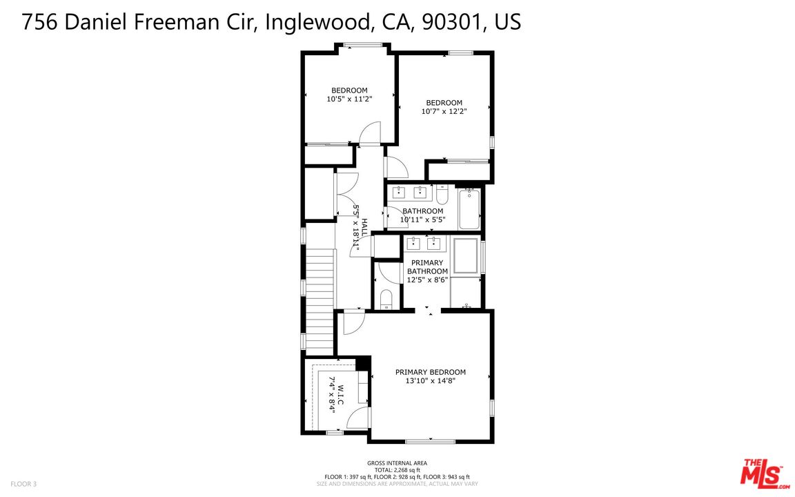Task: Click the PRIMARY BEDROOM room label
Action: [430, 372]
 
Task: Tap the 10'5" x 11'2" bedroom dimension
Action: [349, 99]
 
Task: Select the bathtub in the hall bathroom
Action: [469, 209]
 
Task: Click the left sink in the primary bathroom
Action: [413, 242]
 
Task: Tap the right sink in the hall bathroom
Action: [420, 193]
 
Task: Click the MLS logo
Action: [763, 474]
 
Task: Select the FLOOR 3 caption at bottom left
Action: [23, 484]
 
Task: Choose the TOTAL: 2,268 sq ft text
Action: [397, 469]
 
